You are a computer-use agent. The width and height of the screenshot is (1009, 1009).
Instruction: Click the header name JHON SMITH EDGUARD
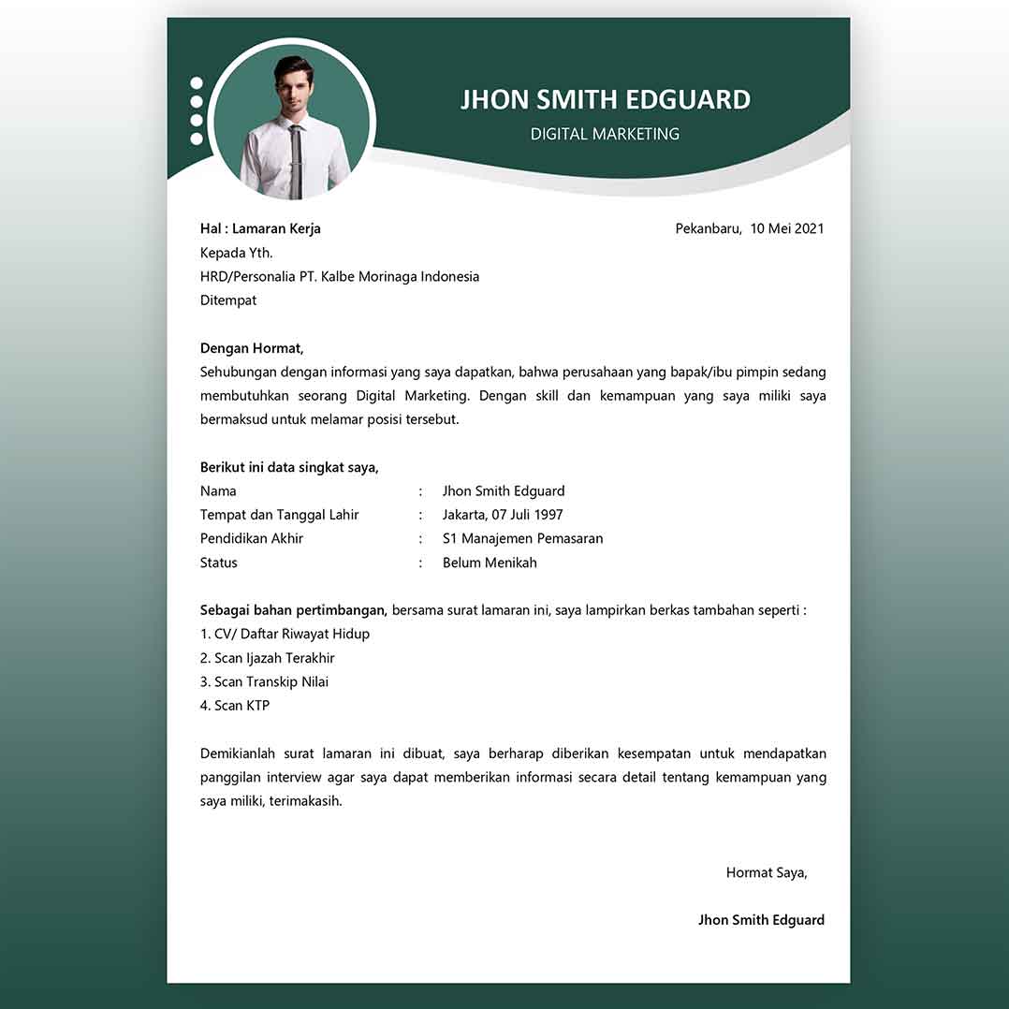click(x=605, y=99)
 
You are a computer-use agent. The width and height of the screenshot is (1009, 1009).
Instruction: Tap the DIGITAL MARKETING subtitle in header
click(x=605, y=134)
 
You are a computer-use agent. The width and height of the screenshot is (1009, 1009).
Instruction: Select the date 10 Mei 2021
click(x=786, y=228)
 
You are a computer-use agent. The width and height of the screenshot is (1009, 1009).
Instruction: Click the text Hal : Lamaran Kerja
click(x=260, y=228)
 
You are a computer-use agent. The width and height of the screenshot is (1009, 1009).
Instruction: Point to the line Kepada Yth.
click(x=237, y=253)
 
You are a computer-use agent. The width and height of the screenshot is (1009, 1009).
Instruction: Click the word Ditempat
click(x=228, y=300)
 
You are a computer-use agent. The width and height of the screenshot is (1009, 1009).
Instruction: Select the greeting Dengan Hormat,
click(x=252, y=348)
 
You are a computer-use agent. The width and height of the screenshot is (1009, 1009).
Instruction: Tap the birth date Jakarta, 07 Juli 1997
click(x=503, y=515)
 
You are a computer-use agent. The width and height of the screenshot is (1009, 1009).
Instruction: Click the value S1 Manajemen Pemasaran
click(x=522, y=538)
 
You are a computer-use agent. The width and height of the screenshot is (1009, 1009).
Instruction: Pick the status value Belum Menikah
click(x=490, y=563)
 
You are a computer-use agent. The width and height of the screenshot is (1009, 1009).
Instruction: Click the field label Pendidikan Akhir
click(x=252, y=538)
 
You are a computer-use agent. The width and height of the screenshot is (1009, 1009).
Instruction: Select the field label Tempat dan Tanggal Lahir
click(x=280, y=515)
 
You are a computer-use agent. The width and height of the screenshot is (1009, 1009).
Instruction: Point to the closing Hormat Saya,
click(x=766, y=872)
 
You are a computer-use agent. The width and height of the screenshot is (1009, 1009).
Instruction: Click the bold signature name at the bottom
click(x=761, y=920)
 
